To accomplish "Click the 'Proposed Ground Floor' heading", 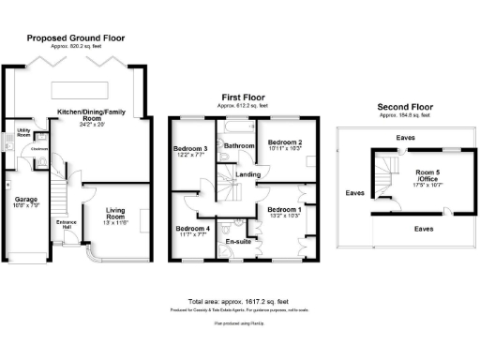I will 75,38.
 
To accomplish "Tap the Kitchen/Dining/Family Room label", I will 92,114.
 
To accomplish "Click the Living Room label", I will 116,211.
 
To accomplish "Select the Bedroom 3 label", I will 190,149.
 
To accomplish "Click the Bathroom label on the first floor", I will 240,146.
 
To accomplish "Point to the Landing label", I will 248,174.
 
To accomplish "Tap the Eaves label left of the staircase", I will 354,193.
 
